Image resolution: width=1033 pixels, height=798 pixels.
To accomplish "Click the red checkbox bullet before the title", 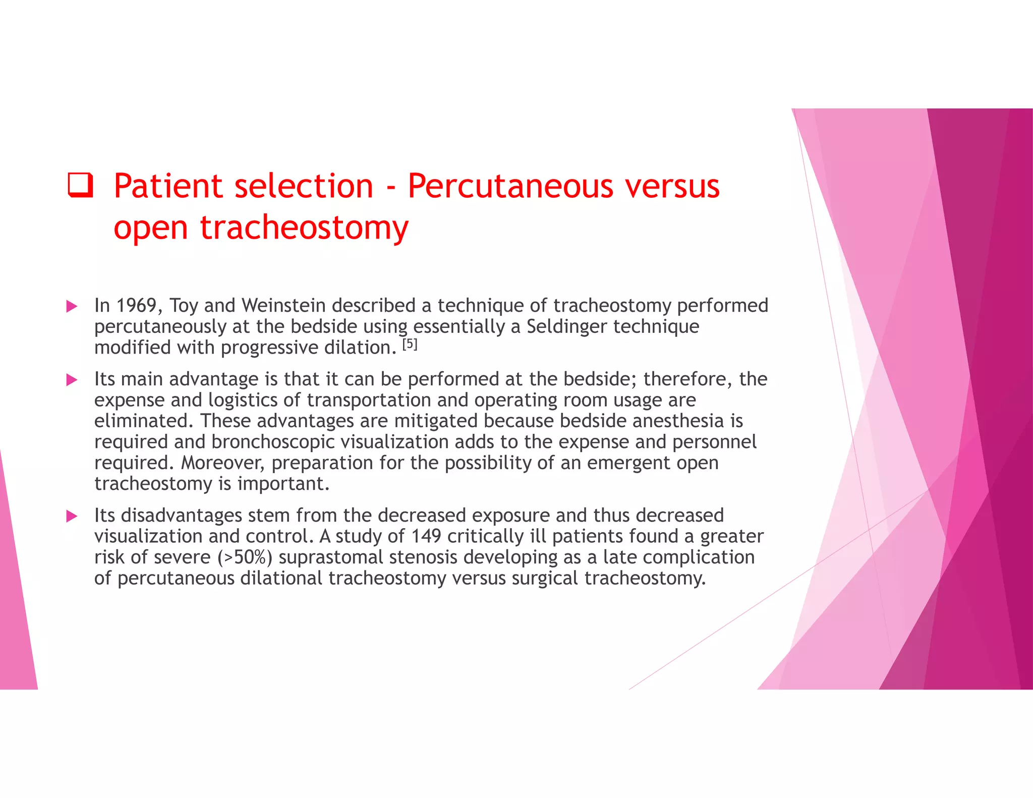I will pyautogui.click(x=81, y=185).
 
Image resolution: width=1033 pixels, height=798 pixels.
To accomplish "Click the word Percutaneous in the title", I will pyautogui.click(x=510, y=186).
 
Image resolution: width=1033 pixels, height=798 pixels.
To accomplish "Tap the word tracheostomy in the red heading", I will pyautogui.click(x=304, y=227).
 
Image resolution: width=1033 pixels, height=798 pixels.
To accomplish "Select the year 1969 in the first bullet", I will pyautogui.click(x=136, y=306).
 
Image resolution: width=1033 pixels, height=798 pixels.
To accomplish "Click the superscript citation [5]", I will pyautogui.click(x=410, y=345).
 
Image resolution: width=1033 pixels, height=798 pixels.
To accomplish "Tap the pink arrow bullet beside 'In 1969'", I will pyautogui.click(x=72, y=306).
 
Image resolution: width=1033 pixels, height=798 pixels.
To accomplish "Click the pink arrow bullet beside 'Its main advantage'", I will pyautogui.click(x=72, y=380).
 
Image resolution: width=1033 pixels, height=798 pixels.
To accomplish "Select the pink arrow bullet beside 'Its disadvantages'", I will pyautogui.click(x=72, y=516).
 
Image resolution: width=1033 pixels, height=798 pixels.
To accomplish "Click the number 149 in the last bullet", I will pyautogui.click(x=426, y=536).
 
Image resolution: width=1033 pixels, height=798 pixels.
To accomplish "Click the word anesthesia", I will pyautogui.click(x=679, y=421).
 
